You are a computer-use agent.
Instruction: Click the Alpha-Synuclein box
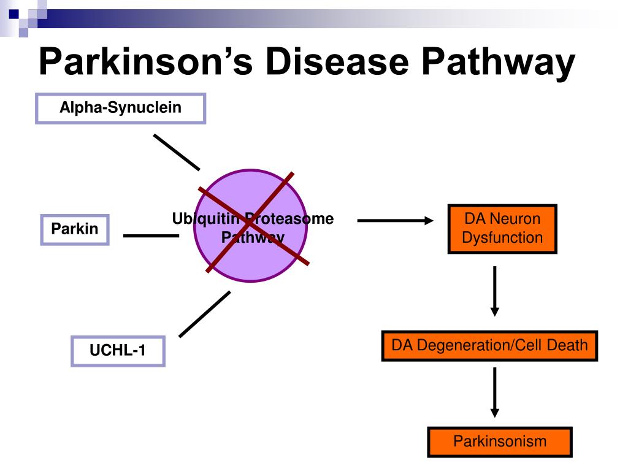click(x=120, y=109)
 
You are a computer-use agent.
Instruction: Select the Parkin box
click(x=74, y=229)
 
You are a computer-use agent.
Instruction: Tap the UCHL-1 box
click(x=118, y=351)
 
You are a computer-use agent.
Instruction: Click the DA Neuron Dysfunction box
click(x=502, y=229)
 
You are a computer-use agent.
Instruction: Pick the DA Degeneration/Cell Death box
click(x=489, y=345)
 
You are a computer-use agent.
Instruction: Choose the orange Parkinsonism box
click(x=499, y=442)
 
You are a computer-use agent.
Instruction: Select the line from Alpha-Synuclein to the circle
click(x=176, y=151)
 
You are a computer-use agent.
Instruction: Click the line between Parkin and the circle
click(x=151, y=235)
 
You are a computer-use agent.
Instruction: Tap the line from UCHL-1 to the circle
click(x=204, y=314)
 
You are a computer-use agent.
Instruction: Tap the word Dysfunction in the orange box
click(x=502, y=237)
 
